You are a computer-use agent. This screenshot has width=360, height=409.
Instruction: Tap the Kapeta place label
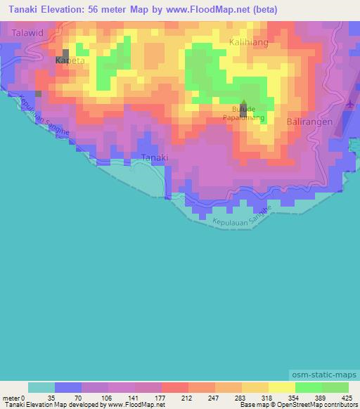tap(70, 61)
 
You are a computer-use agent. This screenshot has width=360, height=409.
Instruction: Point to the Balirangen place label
tap(309, 122)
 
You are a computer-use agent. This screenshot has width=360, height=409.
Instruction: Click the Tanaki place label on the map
tap(155, 157)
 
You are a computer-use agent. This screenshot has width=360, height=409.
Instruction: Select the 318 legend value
tap(267, 398)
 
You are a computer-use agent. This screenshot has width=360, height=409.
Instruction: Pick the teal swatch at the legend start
tap(41, 387)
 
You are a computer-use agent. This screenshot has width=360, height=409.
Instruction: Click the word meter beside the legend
tap(12, 398)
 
